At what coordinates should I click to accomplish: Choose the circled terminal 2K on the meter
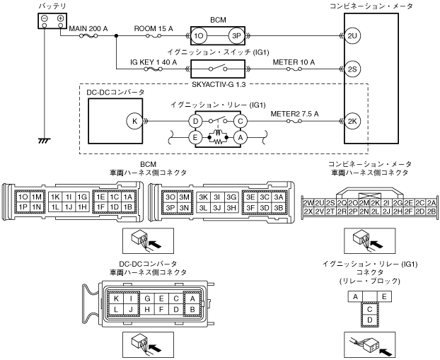(x=352, y=121)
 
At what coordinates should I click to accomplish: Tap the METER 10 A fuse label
(x=294, y=62)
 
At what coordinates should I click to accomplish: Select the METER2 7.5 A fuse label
(x=296, y=113)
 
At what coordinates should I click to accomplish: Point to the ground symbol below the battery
(x=44, y=141)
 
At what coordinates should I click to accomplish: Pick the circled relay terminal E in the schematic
(x=195, y=139)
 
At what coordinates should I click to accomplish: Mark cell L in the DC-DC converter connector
(x=116, y=309)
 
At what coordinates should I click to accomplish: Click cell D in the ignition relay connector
(x=369, y=320)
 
